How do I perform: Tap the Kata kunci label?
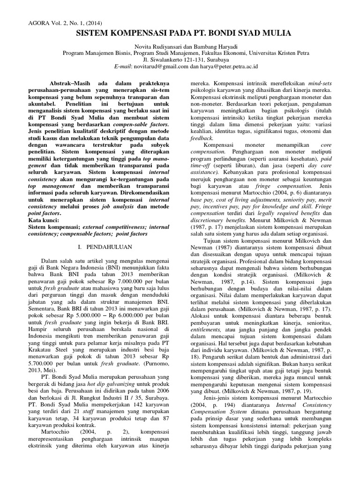pos(45,220)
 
